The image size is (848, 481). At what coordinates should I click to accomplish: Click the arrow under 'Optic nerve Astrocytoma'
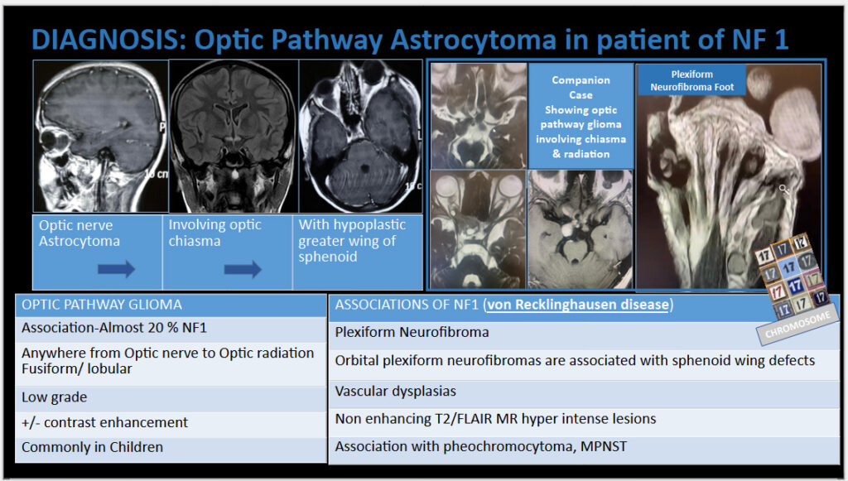pos(116,268)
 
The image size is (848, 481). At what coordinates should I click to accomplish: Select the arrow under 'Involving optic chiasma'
pos(243,268)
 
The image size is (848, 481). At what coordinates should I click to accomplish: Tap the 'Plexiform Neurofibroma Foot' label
pos(691,80)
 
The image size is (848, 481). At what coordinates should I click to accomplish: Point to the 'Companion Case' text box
pos(581,116)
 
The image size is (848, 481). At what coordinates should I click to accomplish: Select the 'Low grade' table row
pos(171,397)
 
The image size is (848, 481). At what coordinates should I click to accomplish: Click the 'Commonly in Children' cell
pos(171,449)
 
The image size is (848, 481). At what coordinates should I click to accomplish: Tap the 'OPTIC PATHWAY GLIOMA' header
pos(171,305)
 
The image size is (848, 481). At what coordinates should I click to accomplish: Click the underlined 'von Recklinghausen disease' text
pos(577,305)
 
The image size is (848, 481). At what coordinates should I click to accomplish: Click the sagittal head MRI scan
pos(100,136)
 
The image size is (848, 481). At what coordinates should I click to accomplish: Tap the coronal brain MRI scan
pos(234,136)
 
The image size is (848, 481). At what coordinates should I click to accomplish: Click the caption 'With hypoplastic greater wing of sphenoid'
pos(352,240)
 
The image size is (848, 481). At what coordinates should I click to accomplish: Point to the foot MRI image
pos(729,176)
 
